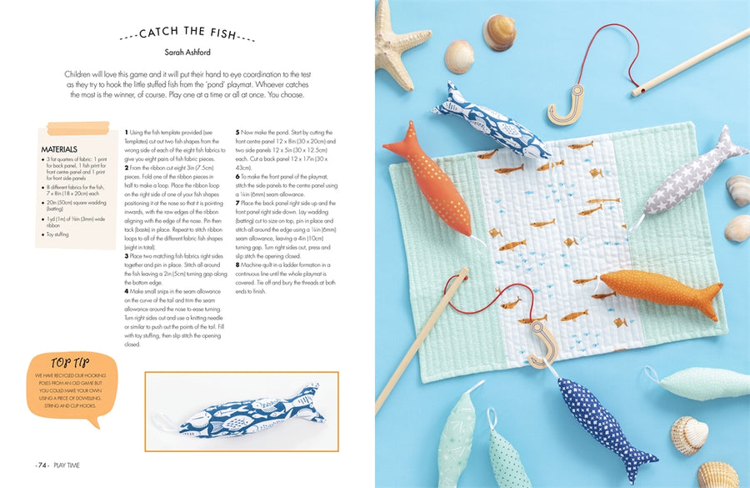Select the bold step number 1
click(x=126, y=133)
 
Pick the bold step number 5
click(x=237, y=133)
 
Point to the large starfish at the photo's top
click(x=403, y=33)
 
